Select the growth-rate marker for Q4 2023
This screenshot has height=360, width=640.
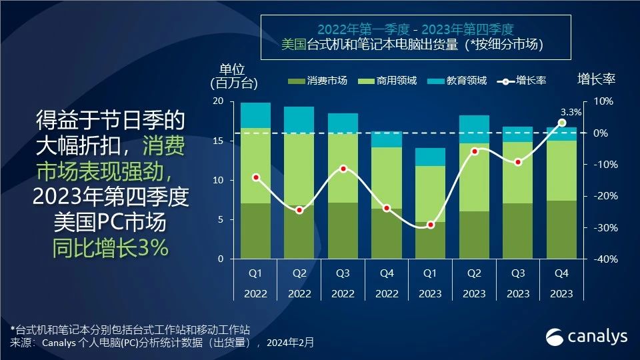click(x=562, y=123)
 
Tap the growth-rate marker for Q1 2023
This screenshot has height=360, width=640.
click(x=431, y=225)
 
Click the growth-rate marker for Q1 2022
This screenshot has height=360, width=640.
click(x=256, y=177)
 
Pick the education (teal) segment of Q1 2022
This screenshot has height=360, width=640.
click(x=256, y=115)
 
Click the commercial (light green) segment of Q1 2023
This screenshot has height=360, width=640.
click(x=431, y=193)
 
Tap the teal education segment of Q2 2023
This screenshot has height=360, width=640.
click(x=475, y=129)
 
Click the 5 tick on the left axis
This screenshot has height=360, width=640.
click(x=221, y=220)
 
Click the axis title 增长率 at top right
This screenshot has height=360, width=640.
click(x=596, y=79)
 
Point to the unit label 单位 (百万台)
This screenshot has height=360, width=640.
click(x=233, y=76)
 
